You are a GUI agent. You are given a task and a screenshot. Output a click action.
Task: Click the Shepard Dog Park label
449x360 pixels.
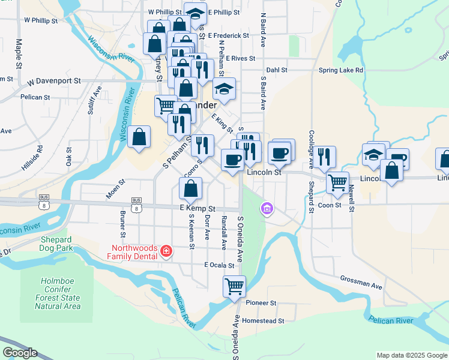coord(56,244)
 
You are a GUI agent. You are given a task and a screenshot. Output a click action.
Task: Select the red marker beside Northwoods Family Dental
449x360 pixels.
coord(166,251)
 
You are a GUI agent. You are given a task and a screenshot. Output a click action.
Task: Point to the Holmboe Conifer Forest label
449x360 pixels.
coord(57,293)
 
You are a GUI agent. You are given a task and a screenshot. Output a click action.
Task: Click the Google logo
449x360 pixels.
coord(20,353)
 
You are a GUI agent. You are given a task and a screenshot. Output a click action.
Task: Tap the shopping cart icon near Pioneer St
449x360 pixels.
coord(234,286)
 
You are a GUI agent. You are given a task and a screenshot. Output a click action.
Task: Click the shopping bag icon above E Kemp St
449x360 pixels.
coord(190,189)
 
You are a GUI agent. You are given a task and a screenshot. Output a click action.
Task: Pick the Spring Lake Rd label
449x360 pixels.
coord(341,70)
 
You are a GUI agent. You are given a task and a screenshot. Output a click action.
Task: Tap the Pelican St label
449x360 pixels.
coord(35,97)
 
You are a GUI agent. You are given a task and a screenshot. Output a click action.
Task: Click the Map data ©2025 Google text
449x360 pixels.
coord(412,355)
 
